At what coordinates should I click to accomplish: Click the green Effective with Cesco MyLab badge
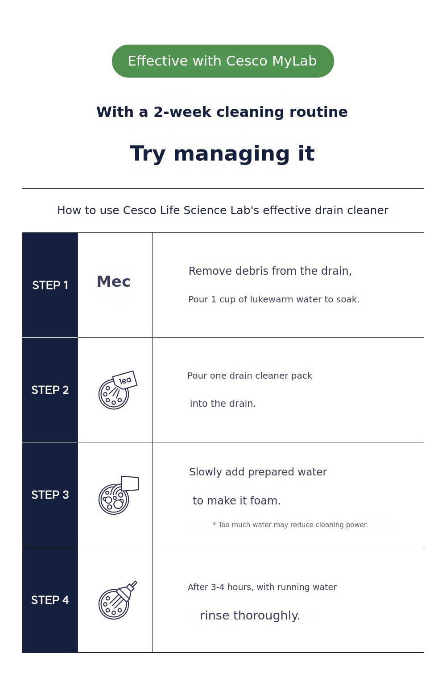click(223, 61)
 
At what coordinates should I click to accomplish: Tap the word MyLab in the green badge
click(294, 62)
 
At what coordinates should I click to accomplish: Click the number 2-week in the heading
click(182, 112)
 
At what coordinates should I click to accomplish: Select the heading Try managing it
click(222, 153)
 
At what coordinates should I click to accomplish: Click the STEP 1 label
click(50, 285)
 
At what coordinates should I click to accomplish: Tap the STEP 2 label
click(50, 390)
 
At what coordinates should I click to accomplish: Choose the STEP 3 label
click(50, 495)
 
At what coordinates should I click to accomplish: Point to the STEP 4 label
click(50, 600)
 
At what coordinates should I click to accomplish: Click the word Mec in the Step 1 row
click(113, 281)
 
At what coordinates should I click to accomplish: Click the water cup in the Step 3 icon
click(130, 483)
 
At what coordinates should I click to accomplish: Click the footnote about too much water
click(290, 525)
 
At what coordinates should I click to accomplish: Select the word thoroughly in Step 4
click(266, 615)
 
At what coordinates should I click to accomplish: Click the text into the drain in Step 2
click(223, 404)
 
